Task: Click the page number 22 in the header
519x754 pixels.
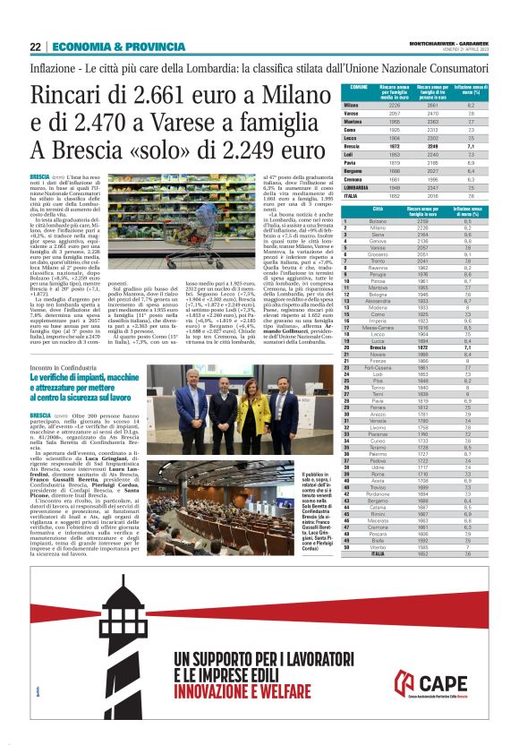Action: pyautogui.click(x=35, y=47)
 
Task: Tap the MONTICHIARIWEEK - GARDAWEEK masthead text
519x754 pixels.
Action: pyautogui.click(x=441, y=43)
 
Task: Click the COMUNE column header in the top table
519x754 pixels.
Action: pyautogui.click(x=359, y=87)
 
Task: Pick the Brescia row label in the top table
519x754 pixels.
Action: pyautogui.click(x=355, y=145)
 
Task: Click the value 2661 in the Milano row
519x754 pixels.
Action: pyautogui.click(x=432, y=105)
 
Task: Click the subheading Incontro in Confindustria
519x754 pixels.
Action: pyautogui.click(x=64, y=369)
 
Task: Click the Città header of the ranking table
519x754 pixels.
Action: pyautogui.click(x=379, y=210)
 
